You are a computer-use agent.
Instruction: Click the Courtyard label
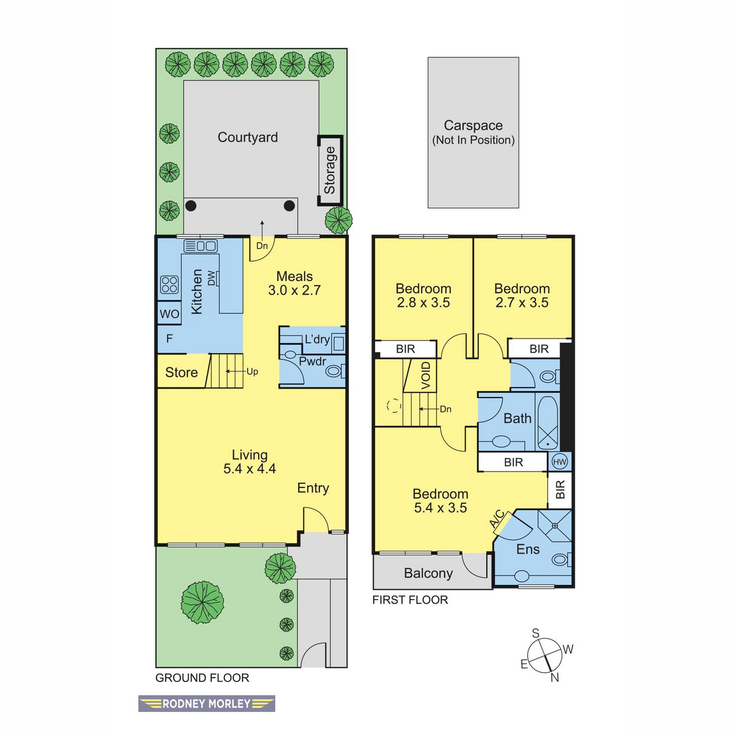pyautogui.click(x=247, y=137)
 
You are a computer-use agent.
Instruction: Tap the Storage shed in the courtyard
pyautogui.click(x=330, y=170)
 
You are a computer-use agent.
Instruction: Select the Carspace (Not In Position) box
pyautogui.click(x=473, y=132)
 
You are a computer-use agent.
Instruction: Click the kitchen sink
pyautogui.click(x=201, y=246)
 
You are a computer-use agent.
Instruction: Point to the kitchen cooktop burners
pyautogui.click(x=170, y=284)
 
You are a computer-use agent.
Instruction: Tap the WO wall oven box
pyautogui.click(x=169, y=314)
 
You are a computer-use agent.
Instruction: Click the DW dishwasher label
pyautogui.click(x=211, y=278)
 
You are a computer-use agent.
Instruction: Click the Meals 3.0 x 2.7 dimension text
pyautogui.click(x=295, y=290)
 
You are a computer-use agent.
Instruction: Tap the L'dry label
pyautogui.click(x=317, y=339)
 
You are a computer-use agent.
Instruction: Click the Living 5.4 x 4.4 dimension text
pyautogui.click(x=249, y=468)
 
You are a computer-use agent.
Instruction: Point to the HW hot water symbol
pyautogui.click(x=559, y=462)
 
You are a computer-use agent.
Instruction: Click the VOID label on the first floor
pyautogui.click(x=426, y=376)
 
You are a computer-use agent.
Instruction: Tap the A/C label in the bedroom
pyautogui.click(x=498, y=519)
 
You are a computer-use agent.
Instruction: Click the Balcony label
pyautogui.click(x=428, y=573)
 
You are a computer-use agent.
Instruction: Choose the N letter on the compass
pyautogui.click(x=554, y=678)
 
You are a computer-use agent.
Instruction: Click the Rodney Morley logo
pyautogui.click(x=206, y=704)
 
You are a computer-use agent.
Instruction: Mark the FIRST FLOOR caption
pyautogui.click(x=410, y=600)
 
